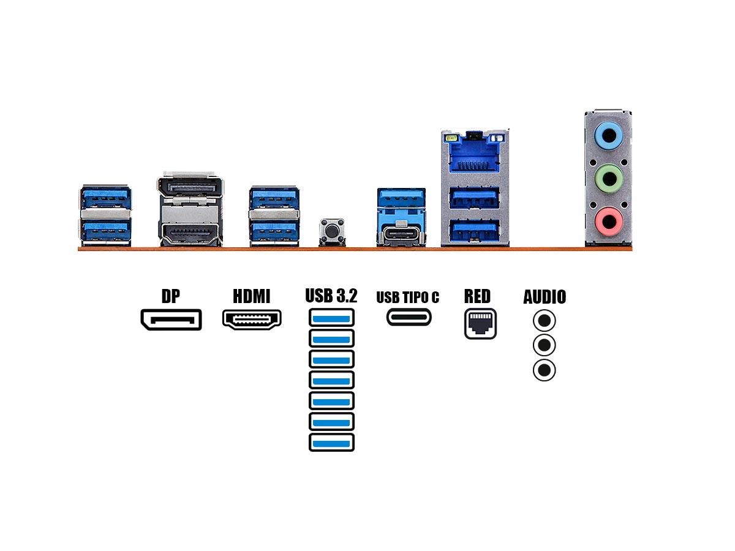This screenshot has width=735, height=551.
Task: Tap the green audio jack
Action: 609,179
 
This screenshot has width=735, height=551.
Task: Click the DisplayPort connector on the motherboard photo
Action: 190,186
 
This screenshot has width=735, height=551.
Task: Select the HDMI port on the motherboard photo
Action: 190,233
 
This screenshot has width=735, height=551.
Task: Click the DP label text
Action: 171,297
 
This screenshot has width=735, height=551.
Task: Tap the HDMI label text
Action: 252,297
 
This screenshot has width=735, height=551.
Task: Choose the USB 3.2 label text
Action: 331,296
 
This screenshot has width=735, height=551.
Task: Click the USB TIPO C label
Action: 408,298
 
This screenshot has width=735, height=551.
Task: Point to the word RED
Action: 477,297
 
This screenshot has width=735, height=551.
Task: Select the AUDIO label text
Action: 545,298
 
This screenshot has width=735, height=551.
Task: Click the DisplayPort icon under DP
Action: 171,320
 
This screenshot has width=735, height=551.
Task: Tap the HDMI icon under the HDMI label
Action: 252,319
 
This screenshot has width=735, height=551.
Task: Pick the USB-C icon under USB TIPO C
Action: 409,317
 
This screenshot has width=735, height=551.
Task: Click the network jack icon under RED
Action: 480,323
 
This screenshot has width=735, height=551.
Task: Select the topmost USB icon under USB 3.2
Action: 332,317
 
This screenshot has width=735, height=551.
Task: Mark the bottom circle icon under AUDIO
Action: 544,370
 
